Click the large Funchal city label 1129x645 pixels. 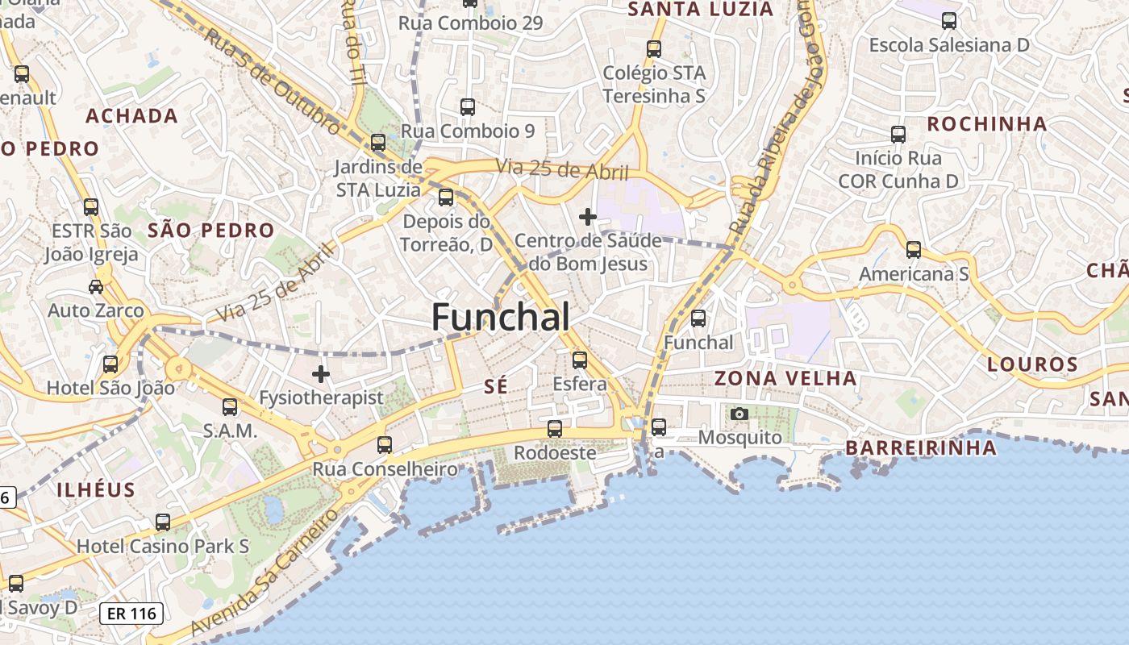[501, 317]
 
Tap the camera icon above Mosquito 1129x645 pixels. [739, 414]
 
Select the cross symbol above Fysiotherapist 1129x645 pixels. [321, 374]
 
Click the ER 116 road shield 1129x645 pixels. [131, 614]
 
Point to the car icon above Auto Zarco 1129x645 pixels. [96, 286]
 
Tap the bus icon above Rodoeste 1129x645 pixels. [555, 429]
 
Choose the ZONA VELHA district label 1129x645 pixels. [785, 378]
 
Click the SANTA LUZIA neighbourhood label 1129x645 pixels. [701, 10]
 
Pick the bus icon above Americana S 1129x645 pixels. [914, 250]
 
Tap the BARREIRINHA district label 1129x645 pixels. [921, 448]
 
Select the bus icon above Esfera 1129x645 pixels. [580, 360]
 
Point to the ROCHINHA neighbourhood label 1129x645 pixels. [986, 124]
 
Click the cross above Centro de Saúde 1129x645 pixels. [588, 216]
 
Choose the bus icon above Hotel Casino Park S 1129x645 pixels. [163, 522]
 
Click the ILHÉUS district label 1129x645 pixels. [96, 489]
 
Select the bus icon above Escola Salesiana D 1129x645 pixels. [949, 21]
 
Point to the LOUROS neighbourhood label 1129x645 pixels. [1032, 364]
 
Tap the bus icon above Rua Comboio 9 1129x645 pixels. [468, 106]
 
